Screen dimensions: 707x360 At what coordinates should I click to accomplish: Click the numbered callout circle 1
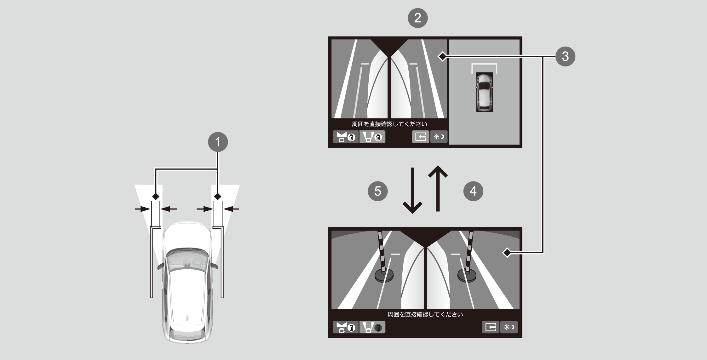(x=218, y=142)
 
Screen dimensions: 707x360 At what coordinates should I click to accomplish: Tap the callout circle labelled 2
(x=418, y=18)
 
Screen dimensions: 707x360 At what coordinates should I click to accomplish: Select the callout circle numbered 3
(x=565, y=56)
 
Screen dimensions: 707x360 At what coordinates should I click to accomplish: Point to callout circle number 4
(x=473, y=191)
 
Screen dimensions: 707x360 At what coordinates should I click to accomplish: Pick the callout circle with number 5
(x=378, y=191)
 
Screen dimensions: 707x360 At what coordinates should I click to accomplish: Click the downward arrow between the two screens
(x=412, y=191)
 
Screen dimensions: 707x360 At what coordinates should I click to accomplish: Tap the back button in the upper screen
(x=421, y=137)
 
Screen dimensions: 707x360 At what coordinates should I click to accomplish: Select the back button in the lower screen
(x=491, y=327)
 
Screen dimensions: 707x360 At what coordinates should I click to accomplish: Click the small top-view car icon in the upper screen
(x=484, y=92)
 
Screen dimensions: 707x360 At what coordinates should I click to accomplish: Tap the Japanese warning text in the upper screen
(x=389, y=124)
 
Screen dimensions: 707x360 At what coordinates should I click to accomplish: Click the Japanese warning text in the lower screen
(x=425, y=314)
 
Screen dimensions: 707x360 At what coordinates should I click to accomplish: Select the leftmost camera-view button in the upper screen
(x=346, y=137)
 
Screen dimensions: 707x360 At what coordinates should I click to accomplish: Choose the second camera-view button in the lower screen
(x=372, y=327)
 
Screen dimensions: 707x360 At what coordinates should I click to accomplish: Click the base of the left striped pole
(x=384, y=276)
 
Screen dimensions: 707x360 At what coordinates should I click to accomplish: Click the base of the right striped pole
(x=467, y=275)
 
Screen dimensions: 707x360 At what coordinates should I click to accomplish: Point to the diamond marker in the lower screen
(x=507, y=253)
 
